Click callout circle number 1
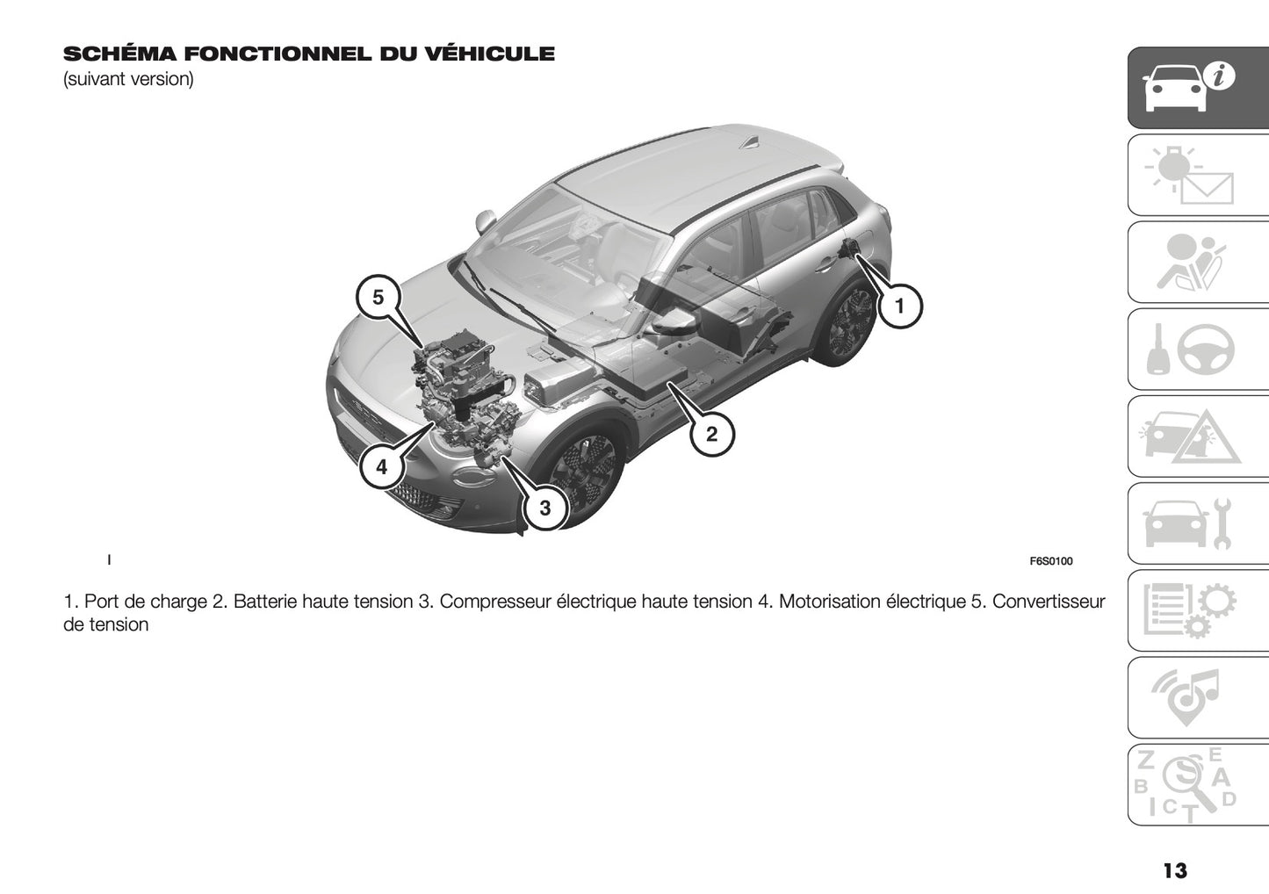coord(898,306)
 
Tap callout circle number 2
coord(711,433)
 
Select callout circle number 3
coord(544,508)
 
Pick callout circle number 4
coord(381,467)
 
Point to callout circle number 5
coord(378,297)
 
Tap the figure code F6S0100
coord(1050,561)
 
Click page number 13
coord(1174,870)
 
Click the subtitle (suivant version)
coord(128,79)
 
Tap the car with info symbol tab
coord(1197,88)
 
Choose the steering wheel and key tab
coord(1197,350)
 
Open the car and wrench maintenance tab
coord(1197,523)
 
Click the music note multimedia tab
coord(1197,697)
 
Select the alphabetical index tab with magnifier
coord(1197,784)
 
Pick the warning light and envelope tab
coord(1197,175)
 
